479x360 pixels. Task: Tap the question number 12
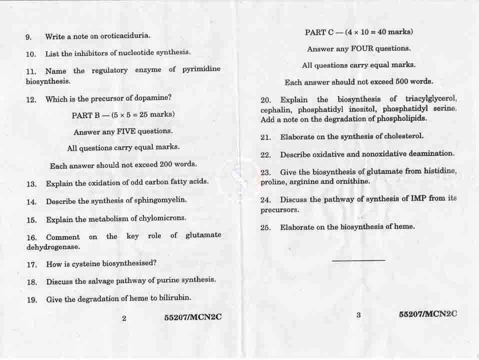(x=31, y=99)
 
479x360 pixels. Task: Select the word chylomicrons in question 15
(x=164, y=218)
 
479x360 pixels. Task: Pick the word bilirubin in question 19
(x=175, y=298)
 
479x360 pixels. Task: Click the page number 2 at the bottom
(x=124, y=317)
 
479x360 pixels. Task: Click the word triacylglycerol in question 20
(x=431, y=98)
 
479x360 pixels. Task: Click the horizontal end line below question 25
(x=358, y=260)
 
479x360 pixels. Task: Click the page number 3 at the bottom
(x=358, y=315)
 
